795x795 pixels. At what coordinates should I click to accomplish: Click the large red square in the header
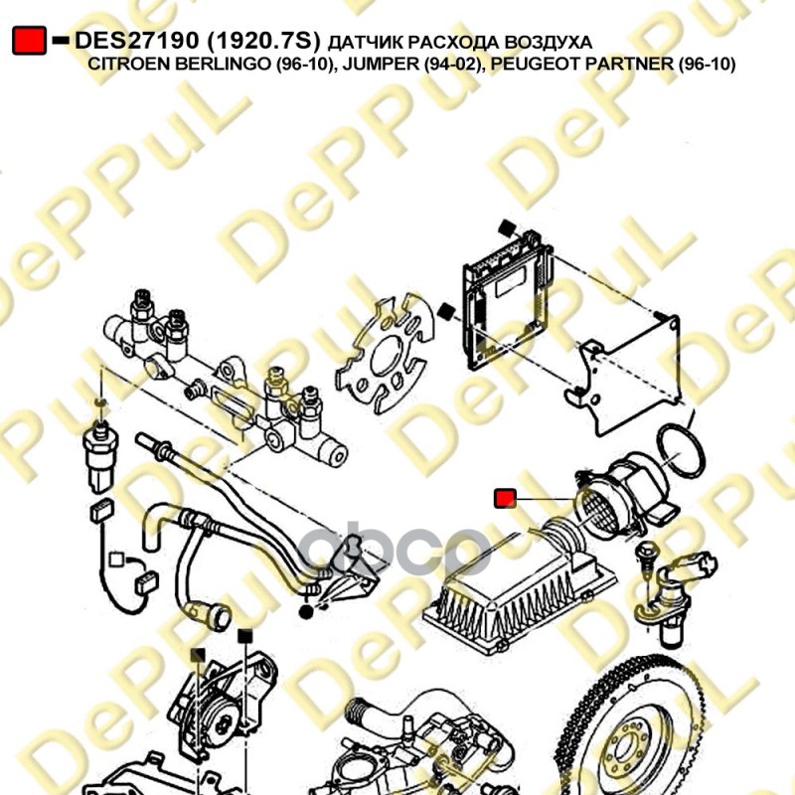(x=30, y=41)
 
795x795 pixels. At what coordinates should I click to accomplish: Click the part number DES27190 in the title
(x=137, y=41)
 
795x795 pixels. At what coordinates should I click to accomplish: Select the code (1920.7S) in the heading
(x=263, y=41)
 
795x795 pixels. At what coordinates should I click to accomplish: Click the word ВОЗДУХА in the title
(x=549, y=42)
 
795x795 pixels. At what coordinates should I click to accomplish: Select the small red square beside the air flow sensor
(x=505, y=499)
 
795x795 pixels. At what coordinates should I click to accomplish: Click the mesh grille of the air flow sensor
(x=596, y=510)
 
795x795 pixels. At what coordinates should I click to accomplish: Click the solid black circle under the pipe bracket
(x=306, y=612)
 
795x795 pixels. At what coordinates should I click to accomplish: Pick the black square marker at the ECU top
(x=507, y=229)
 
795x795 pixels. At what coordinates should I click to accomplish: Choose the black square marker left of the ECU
(x=446, y=311)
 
